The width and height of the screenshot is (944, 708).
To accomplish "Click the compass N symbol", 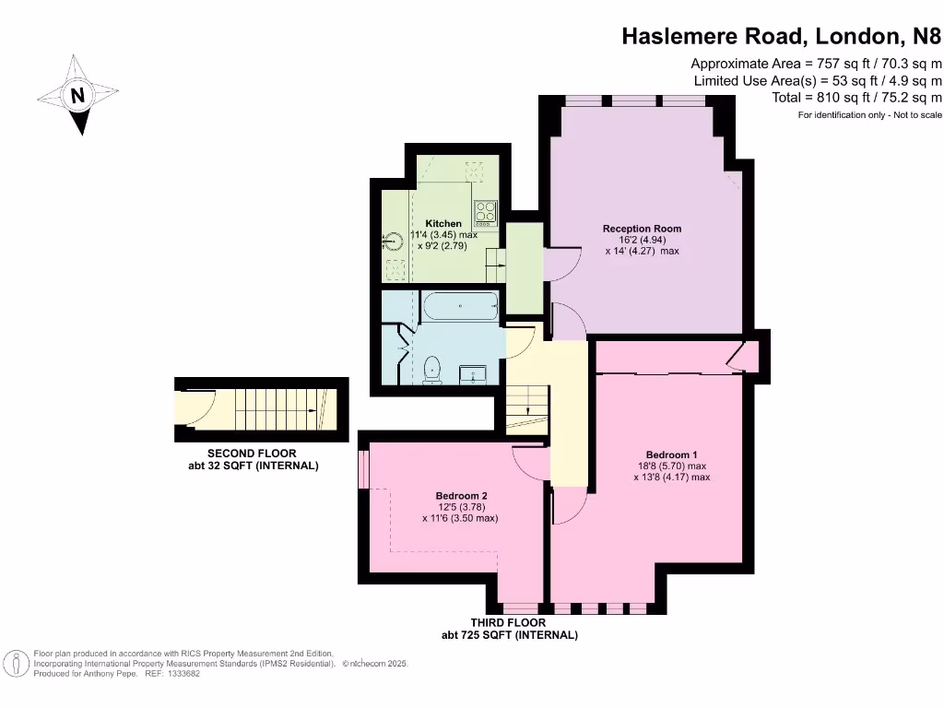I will point(78,94).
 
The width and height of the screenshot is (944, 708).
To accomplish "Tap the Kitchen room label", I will point(443,224).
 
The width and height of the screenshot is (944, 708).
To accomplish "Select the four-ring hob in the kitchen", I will point(485,213).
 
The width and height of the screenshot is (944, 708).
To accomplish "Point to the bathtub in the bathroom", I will point(459,306).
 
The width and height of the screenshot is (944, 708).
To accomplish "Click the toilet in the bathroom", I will point(431,372).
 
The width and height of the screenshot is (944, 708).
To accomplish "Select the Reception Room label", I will point(642,229).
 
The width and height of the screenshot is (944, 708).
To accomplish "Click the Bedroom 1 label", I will point(671,455).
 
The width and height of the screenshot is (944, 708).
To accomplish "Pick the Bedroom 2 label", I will point(460,496).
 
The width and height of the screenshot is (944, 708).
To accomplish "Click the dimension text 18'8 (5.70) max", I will point(671,466).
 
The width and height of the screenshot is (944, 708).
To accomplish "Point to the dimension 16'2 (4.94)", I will point(642,240).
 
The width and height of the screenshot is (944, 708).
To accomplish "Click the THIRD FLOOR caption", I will point(509,623).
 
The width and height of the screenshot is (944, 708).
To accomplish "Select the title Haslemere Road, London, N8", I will point(782,36).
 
